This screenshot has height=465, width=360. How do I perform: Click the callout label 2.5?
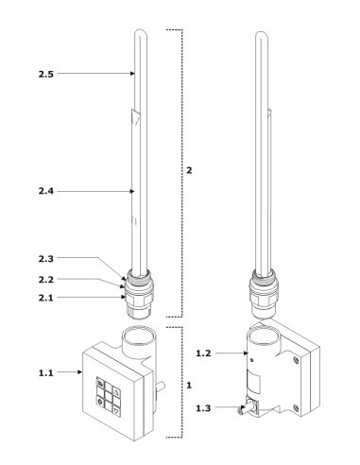pyautogui.click(x=46, y=75)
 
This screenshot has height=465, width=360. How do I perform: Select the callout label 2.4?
pyautogui.click(x=46, y=191)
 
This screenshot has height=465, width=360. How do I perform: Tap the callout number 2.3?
pyautogui.click(x=46, y=259)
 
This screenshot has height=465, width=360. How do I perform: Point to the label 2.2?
pyautogui.click(x=46, y=280)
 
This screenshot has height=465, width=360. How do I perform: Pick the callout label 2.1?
pyautogui.click(x=46, y=298)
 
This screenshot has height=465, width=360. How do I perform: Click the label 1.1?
pyautogui.click(x=46, y=373)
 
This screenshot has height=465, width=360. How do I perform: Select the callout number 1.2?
pyautogui.click(x=203, y=353)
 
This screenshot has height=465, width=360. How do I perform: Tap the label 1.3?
pyautogui.click(x=203, y=408)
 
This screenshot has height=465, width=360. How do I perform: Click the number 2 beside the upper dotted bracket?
pyautogui.click(x=189, y=170)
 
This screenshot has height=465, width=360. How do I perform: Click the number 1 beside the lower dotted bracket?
pyautogui.click(x=189, y=385)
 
